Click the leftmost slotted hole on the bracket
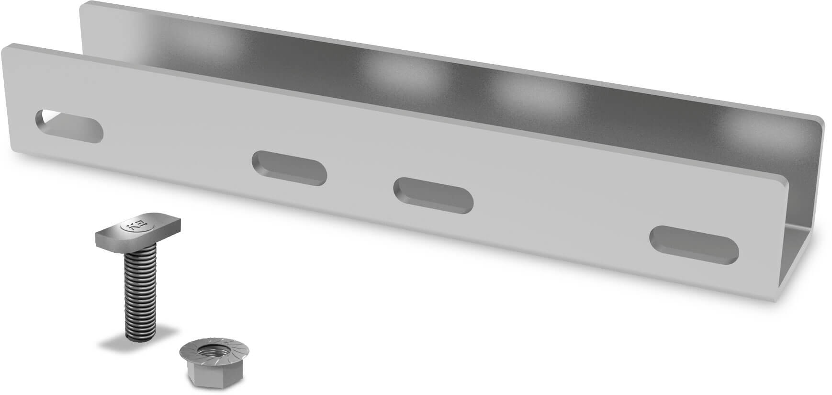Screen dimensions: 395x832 [69, 126]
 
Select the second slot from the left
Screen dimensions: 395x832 [289, 168]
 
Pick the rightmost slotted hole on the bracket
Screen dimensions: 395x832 [694, 244]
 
